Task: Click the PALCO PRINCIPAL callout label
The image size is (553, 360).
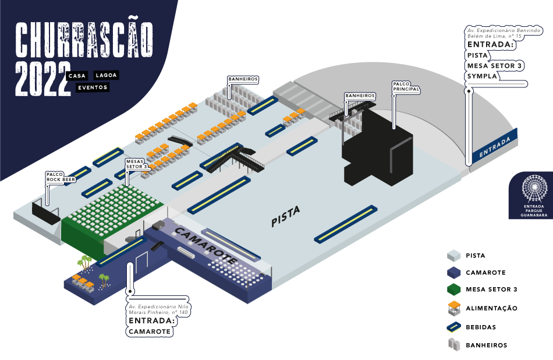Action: (x=406, y=87)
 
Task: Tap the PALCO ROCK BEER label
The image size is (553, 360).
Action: (x=61, y=177)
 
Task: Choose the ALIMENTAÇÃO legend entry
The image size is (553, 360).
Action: (x=491, y=308)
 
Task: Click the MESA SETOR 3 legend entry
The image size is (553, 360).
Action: (x=491, y=290)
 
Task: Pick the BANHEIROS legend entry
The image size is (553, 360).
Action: (x=486, y=345)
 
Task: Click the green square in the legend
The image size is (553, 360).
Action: (x=453, y=289)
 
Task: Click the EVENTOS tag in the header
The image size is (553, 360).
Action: (x=93, y=87)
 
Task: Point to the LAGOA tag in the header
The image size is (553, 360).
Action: (x=107, y=76)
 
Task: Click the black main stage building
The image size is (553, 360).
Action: (x=378, y=151)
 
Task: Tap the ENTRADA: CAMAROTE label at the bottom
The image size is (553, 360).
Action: (x=150, y=326)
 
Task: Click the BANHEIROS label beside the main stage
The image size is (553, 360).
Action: (x=360, y=96)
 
